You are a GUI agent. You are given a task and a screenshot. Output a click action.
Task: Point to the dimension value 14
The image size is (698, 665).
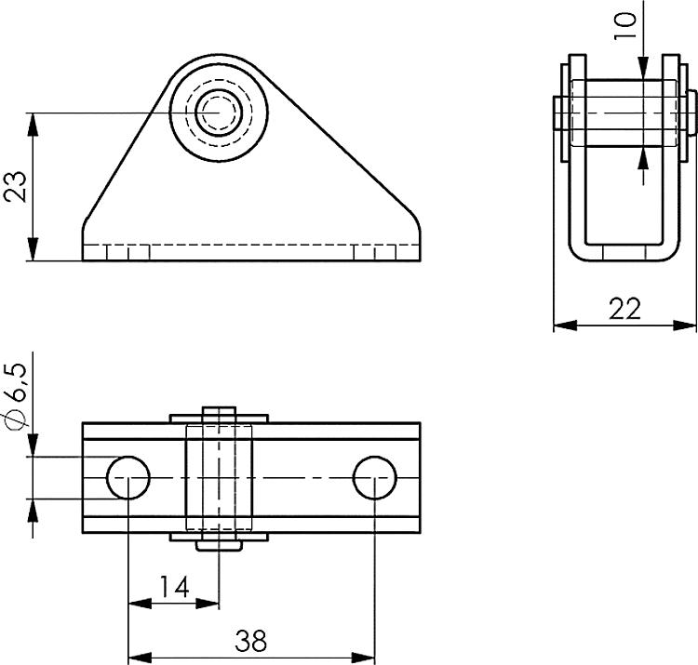(x=173, y=587)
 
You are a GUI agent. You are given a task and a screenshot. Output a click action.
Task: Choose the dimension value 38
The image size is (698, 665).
(x=250, y=641)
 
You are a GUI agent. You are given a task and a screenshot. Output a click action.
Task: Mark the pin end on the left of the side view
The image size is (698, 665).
(x=558, y=113)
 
